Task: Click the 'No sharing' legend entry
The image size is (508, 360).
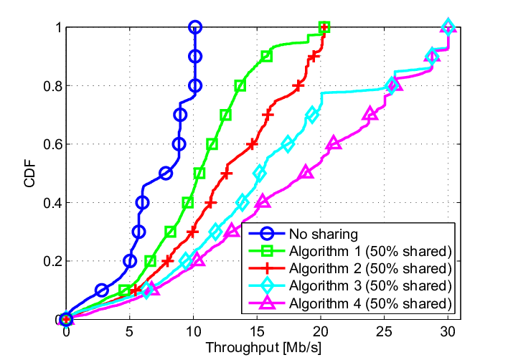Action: click(324, 234)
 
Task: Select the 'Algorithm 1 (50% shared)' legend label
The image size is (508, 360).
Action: click(370, 251)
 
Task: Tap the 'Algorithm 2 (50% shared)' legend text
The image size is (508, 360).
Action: click(370, 268)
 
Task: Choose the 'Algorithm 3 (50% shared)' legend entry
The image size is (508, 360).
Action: click(370, 286)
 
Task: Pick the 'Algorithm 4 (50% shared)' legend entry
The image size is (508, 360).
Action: click(370, 303)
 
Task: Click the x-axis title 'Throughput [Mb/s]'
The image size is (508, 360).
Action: click(263, 348)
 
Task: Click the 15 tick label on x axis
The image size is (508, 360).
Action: click(257, 332)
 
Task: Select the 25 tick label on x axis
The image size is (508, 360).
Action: click(385, 332)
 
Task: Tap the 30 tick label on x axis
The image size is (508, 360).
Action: click(448, 332)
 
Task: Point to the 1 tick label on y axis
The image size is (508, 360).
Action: click(59, 27)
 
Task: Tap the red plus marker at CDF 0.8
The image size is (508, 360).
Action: click(298, 86)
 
